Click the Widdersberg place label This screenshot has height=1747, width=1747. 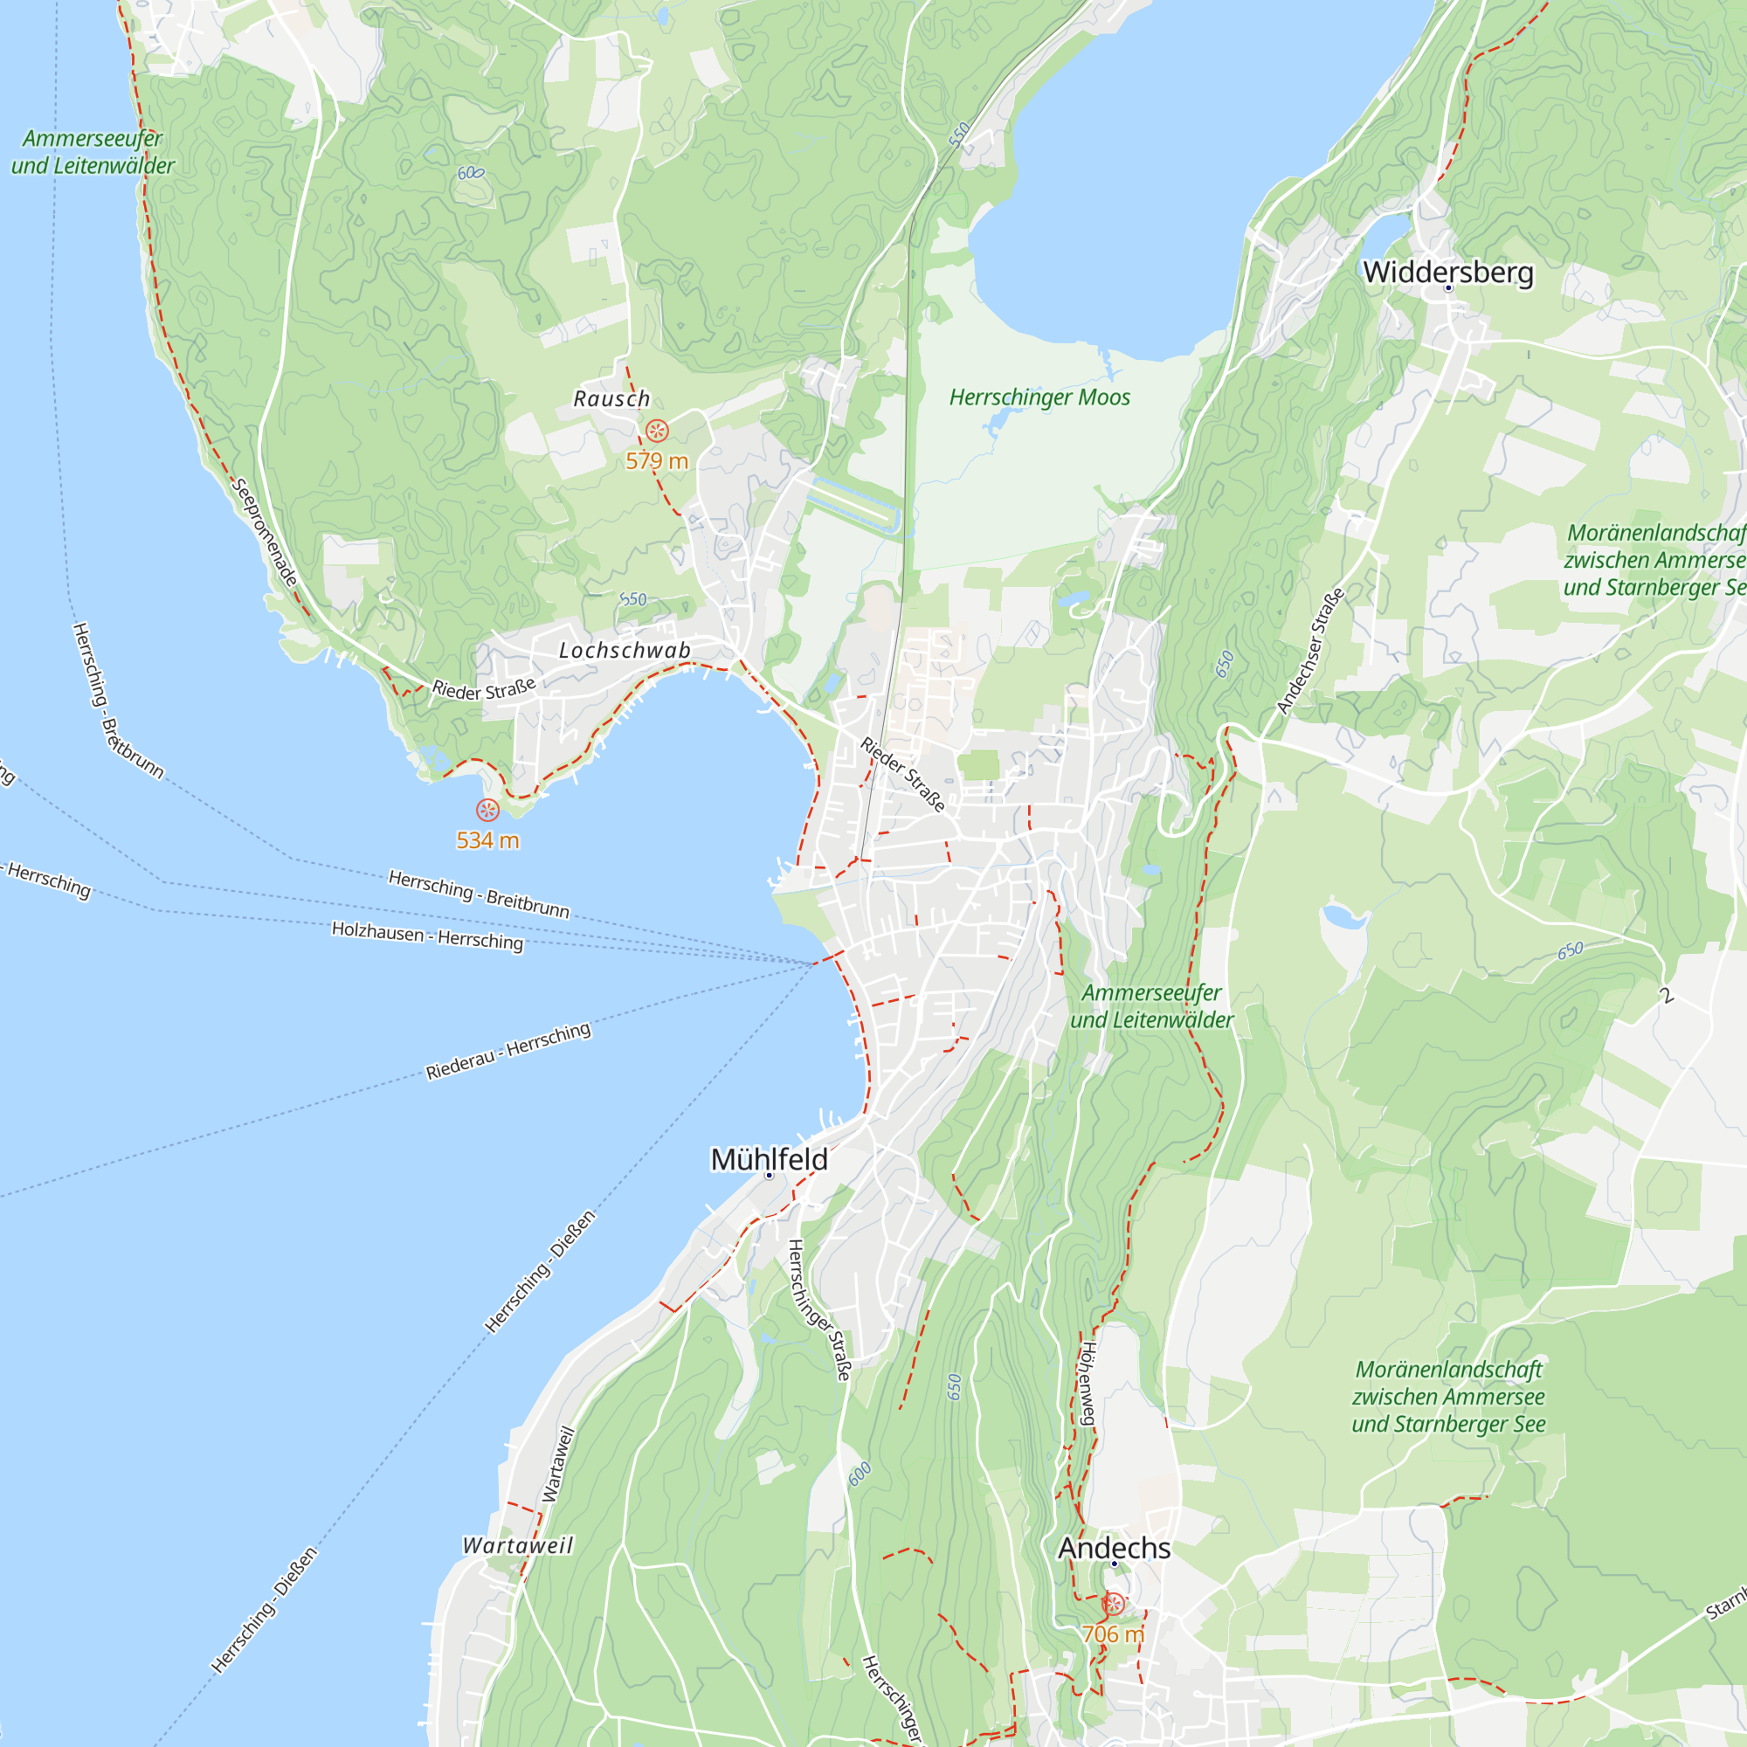(x=1447, y=272)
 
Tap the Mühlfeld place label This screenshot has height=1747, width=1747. (x=769, y=1159)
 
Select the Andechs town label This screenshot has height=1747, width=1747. (x=1114, y=1547)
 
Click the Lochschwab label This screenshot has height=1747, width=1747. (x=625, y=650)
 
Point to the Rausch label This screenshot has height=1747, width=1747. (x=611, y=399)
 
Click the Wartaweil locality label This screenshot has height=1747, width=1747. (x=518, y=1545)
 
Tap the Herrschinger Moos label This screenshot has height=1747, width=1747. (x=1039, y=397)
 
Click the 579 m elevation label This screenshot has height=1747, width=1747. (x=657, y=461)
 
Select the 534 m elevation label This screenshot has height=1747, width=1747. (x=487, y=840)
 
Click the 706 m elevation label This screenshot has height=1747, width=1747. (x=1113, y=1634)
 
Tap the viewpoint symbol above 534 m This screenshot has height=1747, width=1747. (x=487, y=811)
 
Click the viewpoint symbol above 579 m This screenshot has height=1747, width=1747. (x=657, y=431)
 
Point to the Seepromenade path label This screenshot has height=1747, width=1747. (x=265, y=533)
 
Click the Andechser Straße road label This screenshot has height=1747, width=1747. (x=1310, y=650)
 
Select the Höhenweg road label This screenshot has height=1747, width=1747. (x=1088, y=1383)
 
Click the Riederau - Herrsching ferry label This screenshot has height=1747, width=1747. (x=508, y=1051)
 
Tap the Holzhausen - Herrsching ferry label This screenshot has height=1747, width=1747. (x=427, y=935)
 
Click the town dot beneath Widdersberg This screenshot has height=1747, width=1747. (x=1447, y=288)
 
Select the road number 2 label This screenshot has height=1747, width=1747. (x=1668, y=997)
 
